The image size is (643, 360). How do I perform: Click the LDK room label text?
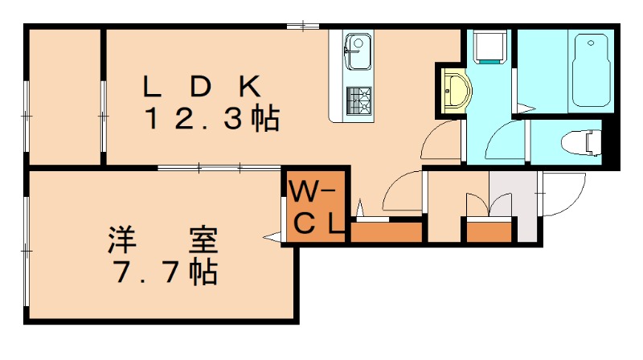[202, 84]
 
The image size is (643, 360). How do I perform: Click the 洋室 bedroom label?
[164, 239]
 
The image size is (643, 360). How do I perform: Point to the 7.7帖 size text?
[165, 272]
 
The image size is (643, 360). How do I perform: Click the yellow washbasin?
[454, 88]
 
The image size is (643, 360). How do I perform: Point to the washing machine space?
[489, 47]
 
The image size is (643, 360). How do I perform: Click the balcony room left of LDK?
[64, 96]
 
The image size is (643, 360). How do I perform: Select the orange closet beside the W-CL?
[387, 232]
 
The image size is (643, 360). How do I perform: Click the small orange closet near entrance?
[489, 232]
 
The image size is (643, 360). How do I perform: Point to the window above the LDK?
[302, 27]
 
